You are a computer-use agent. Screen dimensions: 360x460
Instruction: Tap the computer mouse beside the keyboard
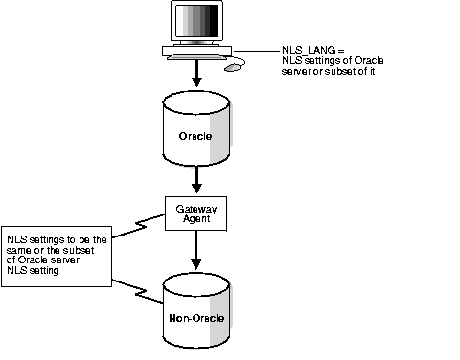coord(233,68)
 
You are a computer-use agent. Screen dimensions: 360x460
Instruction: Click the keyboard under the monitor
coord(196,56)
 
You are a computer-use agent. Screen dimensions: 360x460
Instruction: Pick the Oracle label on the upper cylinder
coord(195,135)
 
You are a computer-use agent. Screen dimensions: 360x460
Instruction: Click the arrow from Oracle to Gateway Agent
coord(196,178)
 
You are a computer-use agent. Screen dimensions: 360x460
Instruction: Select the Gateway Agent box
coord(196,213)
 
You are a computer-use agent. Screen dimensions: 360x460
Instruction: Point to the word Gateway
coord(196,207)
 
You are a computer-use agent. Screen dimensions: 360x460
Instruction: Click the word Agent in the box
coord(196,218)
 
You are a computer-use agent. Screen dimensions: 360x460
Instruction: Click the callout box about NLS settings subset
coord(58,255)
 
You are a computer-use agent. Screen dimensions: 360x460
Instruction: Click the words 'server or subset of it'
coord(327,70)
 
